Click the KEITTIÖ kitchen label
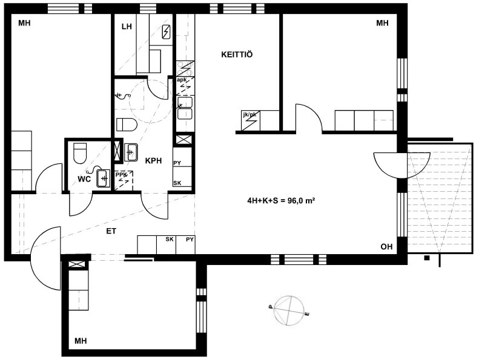[237, 54]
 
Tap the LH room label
[127, 27]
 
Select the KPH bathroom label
[153, 160]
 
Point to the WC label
[84, 179]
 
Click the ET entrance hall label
[111, 231]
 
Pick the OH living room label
[386, 246]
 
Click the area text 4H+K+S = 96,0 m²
[281, 201]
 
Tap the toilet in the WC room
[80, 153]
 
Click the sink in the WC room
[104, 178]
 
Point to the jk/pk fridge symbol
[251, 121]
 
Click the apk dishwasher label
[182, 80]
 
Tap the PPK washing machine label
[121, 175]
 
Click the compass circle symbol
[289, 310]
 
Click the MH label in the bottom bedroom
[81, 341]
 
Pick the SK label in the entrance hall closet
[170, 240]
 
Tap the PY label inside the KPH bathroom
[177, 163]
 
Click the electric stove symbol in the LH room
[167, 32]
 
